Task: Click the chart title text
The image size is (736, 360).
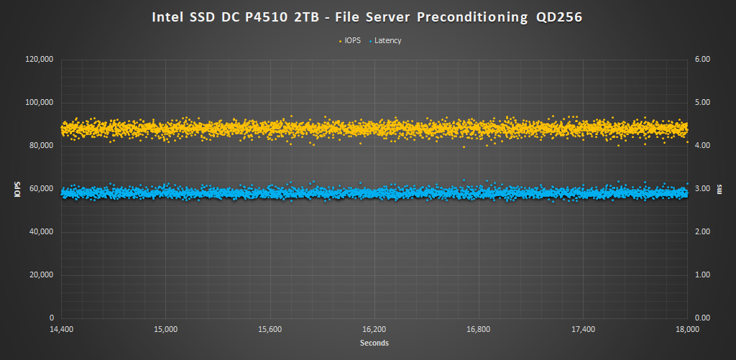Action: click(x=367, y=17)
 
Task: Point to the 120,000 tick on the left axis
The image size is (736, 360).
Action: click(x=40, y=60)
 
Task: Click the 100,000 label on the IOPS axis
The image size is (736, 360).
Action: click(x=40, y=103)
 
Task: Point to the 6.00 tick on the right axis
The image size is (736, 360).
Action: click(x=702, y=60)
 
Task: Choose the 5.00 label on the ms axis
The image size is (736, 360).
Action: click(x=702, y=103)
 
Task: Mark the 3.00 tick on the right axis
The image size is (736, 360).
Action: click(x=702, y=189)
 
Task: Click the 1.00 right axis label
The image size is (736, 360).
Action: click(x=702, y=275)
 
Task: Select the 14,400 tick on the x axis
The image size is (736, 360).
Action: click(x=61, y=330)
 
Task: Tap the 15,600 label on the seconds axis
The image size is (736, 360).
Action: click(x=270, y=330)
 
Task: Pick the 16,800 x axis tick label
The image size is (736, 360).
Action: click(x=479, y=330)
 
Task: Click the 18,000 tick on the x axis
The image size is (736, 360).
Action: click(x=688, y=330)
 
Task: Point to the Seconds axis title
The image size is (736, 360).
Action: click(x=374, y=343)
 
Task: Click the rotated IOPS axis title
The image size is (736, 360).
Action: click(x=16, y=189)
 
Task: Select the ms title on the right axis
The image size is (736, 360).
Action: click(x=721, y=189)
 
